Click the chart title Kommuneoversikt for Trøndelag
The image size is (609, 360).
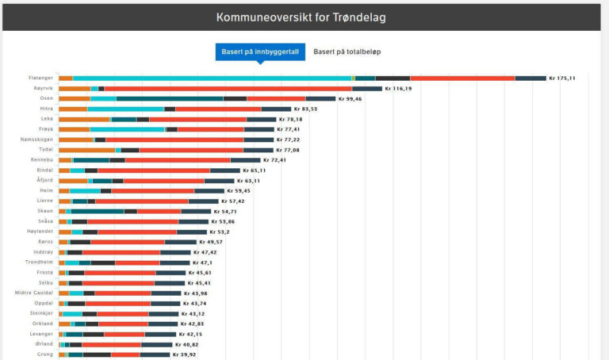301,17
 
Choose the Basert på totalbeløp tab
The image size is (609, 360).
347,52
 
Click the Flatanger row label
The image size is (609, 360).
40,78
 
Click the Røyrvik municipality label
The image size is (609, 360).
42,88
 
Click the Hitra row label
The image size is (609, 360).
45,109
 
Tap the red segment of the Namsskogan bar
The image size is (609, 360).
174,140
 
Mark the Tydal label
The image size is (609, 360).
45,150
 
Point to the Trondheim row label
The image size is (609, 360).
40,262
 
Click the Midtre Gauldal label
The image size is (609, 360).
34,293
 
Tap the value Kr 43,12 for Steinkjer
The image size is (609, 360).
194,313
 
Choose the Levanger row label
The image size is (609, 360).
41,334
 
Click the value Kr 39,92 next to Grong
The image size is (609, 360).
186,354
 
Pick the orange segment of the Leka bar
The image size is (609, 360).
83,119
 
